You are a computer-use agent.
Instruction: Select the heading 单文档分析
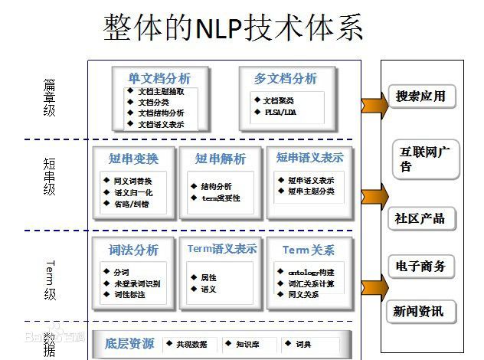coord(159,78)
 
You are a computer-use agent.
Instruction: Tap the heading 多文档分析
coord(285,78)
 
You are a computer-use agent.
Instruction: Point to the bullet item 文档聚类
coord(278,100)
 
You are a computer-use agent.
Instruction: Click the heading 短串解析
coord(221,159)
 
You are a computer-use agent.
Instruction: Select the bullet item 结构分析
coord(216,186)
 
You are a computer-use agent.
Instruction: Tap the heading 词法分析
coord(133,250)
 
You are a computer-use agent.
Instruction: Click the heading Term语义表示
coord(222,249)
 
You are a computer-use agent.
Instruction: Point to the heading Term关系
coord(308,250)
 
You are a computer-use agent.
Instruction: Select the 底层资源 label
coord(129,344)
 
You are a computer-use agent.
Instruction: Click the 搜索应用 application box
coord(420,97)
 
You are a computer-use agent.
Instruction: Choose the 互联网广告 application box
coord(423,158)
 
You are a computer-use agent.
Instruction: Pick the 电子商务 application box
coord(420,267)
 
